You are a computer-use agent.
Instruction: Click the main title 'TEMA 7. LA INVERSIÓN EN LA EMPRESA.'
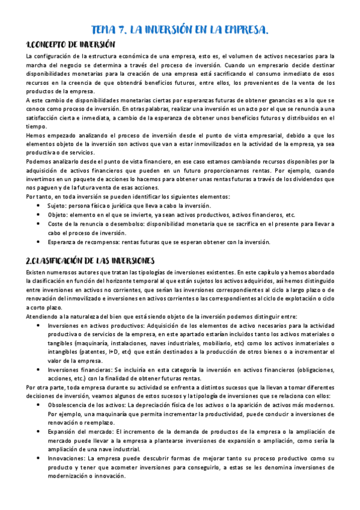click(x=180, y=31)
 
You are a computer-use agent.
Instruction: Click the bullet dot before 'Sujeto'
click(x=39, y=205)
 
